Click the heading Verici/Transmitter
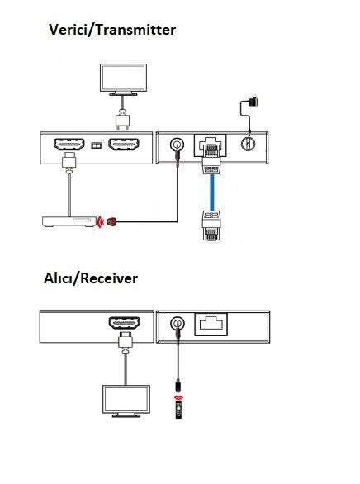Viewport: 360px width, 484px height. (x=112, y=31)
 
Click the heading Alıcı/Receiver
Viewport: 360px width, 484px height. (x=91, y=278)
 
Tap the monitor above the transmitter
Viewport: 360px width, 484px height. (x=122, y=78)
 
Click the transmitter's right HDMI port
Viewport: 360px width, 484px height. (x=123, y=145)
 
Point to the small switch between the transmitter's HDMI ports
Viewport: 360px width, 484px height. (x=97, y=146)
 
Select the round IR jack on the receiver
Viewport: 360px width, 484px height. (x=176, y=324)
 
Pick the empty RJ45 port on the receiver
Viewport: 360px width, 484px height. (x=211, y=324)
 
